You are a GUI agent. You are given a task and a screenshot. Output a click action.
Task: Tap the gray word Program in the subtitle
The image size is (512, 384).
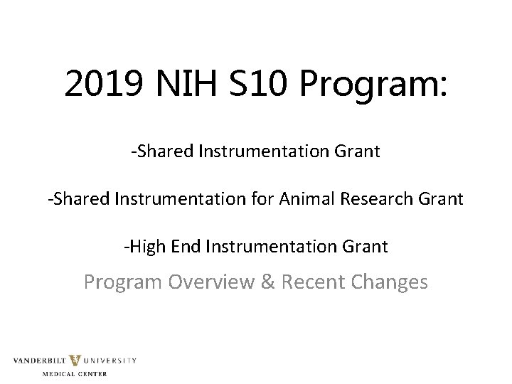click(124, 282)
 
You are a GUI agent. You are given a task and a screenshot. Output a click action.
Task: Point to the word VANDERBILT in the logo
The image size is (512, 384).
click(41, 361)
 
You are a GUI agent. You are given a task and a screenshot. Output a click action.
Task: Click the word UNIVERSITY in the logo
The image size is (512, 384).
click(111, 361)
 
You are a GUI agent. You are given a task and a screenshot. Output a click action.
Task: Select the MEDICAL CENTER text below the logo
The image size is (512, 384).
click(75, 373)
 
